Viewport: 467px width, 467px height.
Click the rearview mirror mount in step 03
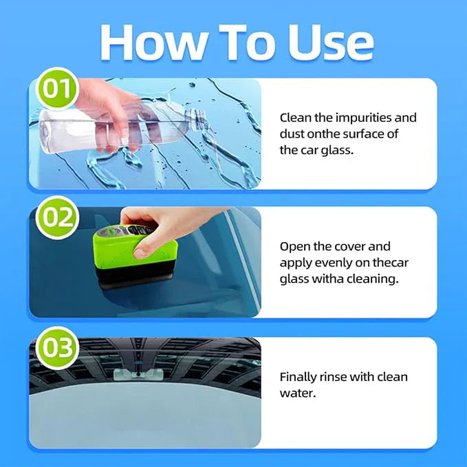pyautogui.click(x=138, y=374)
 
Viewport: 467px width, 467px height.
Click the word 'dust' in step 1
pyautogui.click(x=293, y=134)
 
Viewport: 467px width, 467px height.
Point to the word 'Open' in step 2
pyautogui.click(x=294, y=246)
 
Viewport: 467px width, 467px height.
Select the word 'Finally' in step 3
pyautogui.click(x=298, y=377)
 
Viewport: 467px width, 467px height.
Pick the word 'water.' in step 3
pyautogui.click(x=296, y=393)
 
